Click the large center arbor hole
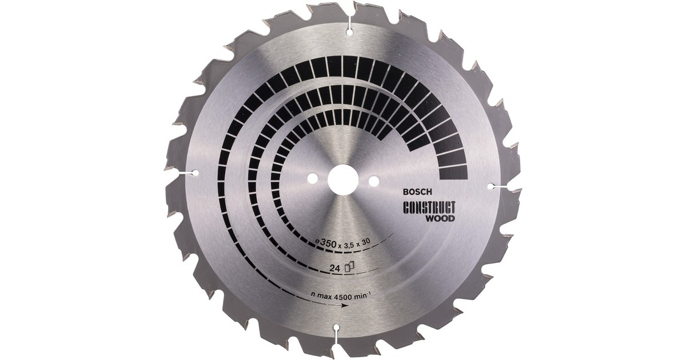click(342, 180)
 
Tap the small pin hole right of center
click(374, 182)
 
